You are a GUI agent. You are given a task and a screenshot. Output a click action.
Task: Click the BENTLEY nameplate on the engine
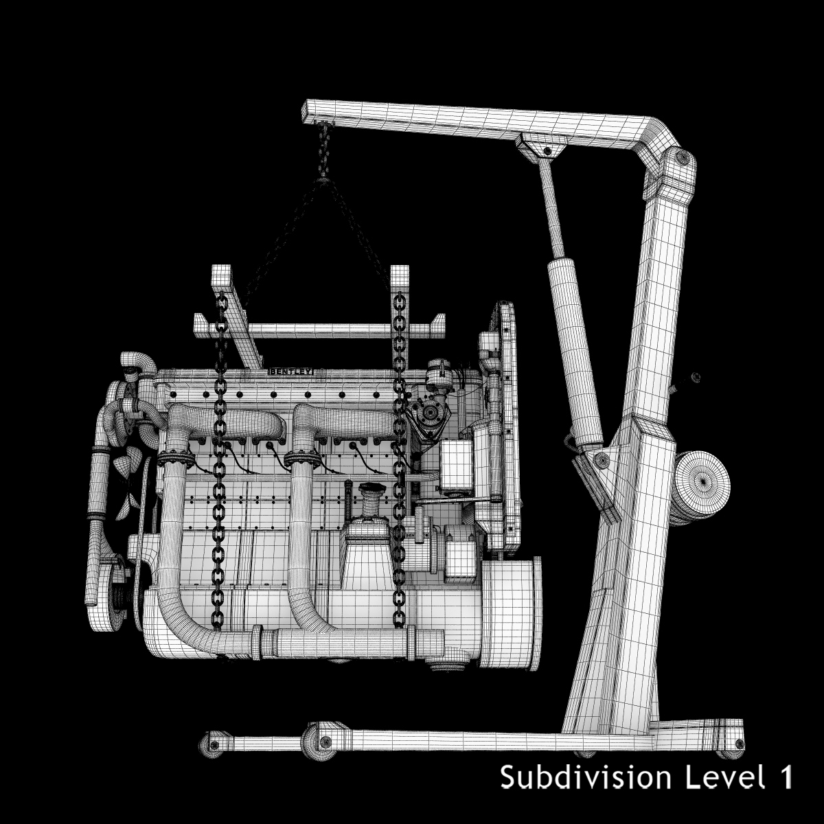290,371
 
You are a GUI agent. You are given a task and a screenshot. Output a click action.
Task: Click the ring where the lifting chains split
322,182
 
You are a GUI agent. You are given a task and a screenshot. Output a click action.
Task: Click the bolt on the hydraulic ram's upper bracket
547,150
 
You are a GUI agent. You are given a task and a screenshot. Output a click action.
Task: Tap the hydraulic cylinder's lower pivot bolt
602,459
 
